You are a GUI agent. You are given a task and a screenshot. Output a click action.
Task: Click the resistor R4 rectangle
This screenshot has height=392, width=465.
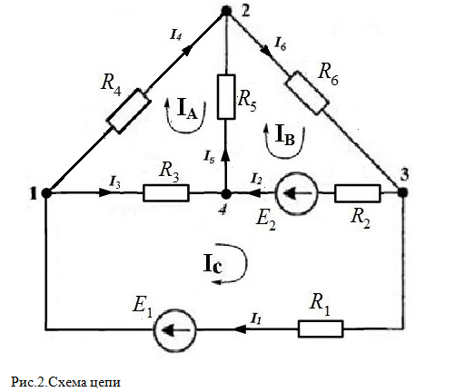[x=128, y=111]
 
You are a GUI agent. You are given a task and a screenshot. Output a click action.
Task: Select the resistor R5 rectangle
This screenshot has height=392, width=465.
[x=226, y=97]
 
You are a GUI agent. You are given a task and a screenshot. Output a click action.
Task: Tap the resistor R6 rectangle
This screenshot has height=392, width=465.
[x=307, y=93]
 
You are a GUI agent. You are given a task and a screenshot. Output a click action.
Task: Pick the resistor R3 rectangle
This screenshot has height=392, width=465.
[x=166, y=193]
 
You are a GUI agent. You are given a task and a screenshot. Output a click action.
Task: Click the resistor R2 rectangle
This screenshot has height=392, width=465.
[x=357, y=193]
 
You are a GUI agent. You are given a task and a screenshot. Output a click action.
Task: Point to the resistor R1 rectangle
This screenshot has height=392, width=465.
[x=321, y=328]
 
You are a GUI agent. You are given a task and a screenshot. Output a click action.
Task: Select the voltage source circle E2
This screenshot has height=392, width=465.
[x=296, y=193]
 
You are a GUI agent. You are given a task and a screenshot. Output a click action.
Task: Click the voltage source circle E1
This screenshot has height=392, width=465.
[x=175, y=330]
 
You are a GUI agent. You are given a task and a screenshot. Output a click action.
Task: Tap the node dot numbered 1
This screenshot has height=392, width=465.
[x=46, y=193]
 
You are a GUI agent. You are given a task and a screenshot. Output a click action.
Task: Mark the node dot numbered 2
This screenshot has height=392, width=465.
[x=226, y=11]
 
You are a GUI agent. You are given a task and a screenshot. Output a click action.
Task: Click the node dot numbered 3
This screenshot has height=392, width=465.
[x=402, y=192]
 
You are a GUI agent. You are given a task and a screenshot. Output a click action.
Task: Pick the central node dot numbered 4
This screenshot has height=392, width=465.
[x=225, y=193]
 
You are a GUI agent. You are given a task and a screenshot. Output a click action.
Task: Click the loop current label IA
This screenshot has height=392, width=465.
[x=187, y=109]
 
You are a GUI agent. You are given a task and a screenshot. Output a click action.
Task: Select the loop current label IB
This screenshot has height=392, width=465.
[x=285, y=135]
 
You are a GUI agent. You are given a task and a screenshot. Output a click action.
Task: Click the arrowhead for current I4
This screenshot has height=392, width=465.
[x=188, y=51]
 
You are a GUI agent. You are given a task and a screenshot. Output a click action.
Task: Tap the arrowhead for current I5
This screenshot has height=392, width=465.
[x=225, y=155]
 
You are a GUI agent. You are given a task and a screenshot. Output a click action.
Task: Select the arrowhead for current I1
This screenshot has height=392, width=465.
[x=241, y=328]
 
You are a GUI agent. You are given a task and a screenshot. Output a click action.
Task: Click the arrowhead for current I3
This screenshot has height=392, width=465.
[x=106, y=193]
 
